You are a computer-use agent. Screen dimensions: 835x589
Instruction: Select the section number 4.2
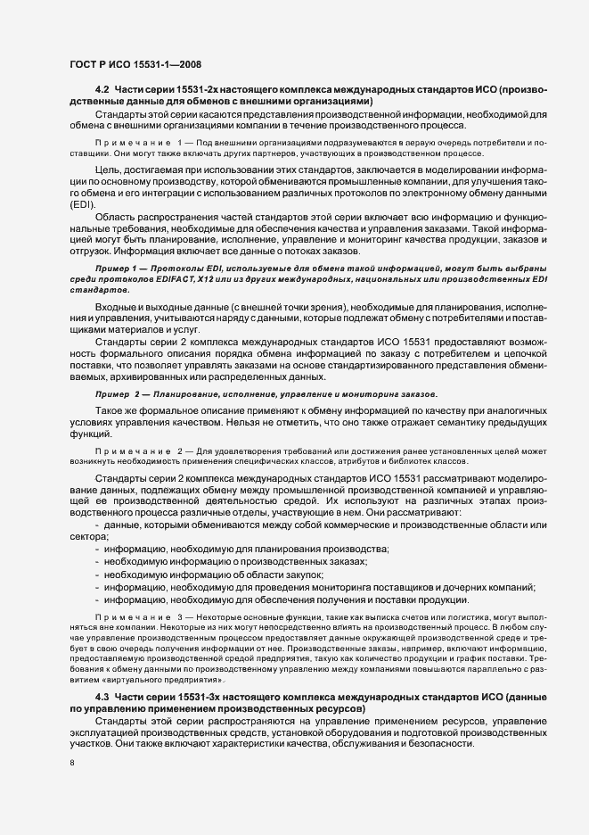101,92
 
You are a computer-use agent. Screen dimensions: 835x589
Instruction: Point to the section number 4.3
101,696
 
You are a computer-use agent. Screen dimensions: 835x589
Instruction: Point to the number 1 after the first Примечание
180,142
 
